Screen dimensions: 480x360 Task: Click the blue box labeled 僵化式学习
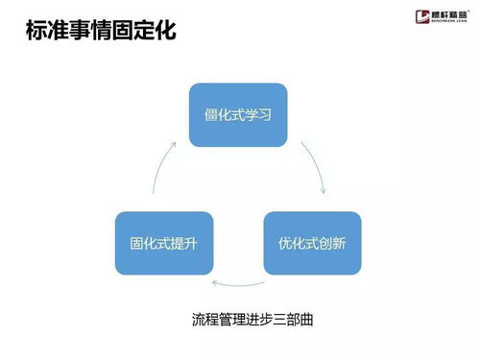pos(239,115)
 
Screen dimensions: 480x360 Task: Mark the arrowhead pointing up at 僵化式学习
pos(175,143)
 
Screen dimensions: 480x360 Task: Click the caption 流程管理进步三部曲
pos(253,319)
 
